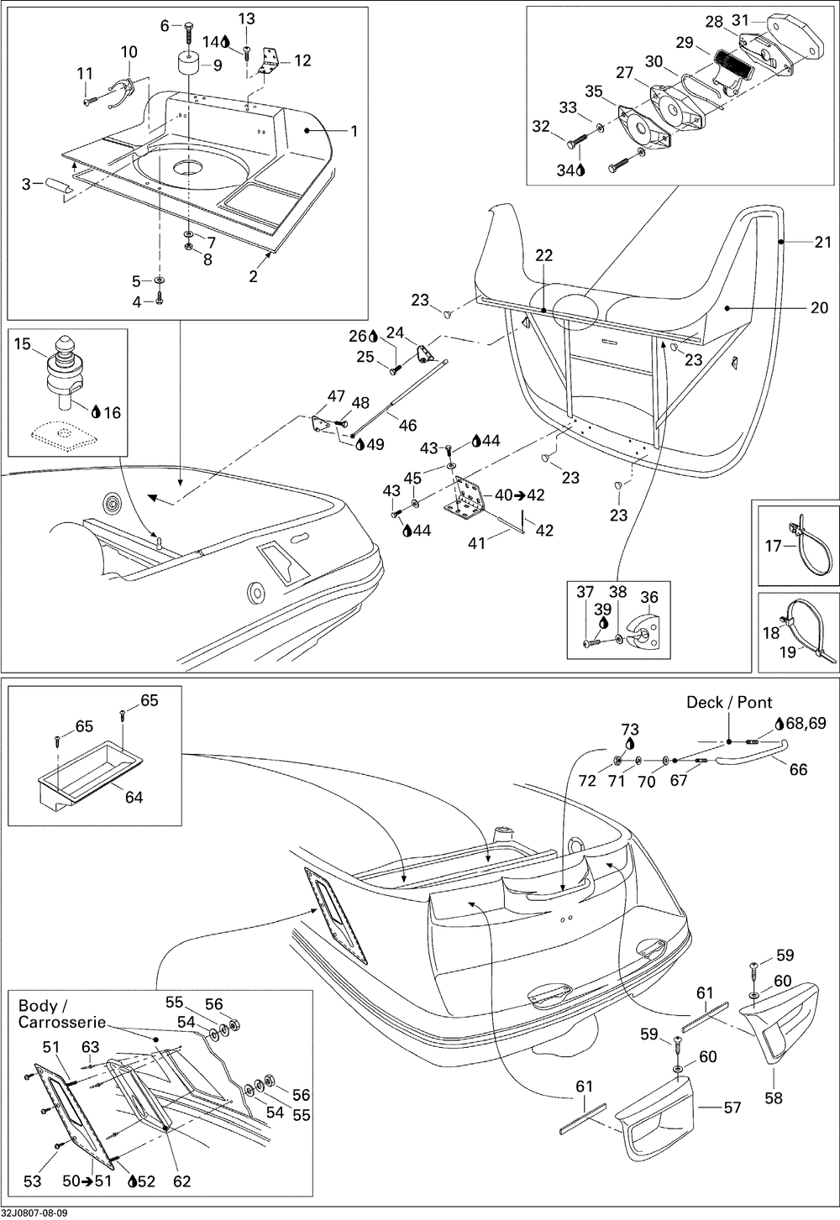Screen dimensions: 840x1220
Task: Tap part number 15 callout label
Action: click(23, 344)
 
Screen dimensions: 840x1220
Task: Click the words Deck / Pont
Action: click(729, 702)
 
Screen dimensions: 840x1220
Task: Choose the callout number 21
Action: click(822, 242)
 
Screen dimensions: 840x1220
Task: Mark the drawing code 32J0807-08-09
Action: click(35, 1213)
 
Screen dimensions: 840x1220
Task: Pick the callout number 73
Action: click(630, 730)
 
